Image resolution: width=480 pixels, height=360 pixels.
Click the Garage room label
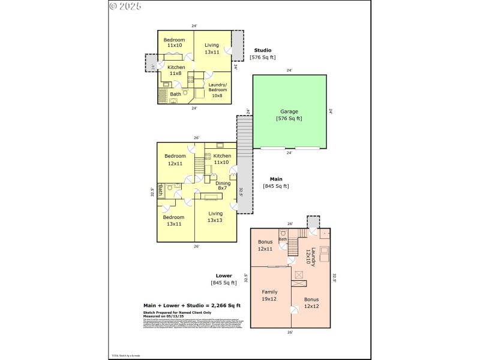tap(289, 115)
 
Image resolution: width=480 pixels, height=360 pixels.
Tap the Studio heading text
tap(262, 50)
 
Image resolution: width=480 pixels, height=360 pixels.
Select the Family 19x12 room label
tap(269, 295)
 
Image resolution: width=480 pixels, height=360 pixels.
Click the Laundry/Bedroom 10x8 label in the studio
tap(217, 89)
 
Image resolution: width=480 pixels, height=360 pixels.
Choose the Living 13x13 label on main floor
tap(215, 217)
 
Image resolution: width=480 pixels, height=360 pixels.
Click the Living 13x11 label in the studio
tap(212, 48)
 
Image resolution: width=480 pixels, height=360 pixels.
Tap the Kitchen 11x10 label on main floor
tap(221, 159)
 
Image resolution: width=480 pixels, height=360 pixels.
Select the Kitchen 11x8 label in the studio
tap(176, 70)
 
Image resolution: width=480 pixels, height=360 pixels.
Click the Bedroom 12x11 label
tap(175, 159)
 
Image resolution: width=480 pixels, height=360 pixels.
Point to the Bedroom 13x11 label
tap(174, 220)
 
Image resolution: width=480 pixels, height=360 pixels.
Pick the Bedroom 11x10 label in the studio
tap(175, 43)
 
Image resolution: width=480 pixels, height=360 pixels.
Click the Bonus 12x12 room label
tap(311, 302)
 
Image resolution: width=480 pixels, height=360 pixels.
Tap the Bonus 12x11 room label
tap(265, 245)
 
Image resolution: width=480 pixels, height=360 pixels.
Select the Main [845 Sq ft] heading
tap(275, 182)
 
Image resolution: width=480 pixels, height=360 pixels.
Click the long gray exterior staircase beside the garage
tap(245, 162)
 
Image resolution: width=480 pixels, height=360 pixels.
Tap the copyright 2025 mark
tap(125, 7)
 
